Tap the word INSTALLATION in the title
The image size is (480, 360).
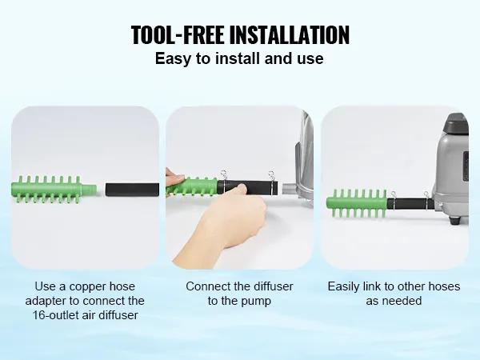289,35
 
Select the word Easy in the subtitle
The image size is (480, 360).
171,58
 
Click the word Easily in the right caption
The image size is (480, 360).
345,286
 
